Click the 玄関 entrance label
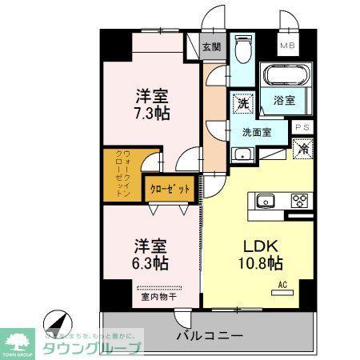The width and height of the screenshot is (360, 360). pyautogui.click(x=210, y=47)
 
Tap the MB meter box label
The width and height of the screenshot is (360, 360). pyautogui.click(x=287, y=46)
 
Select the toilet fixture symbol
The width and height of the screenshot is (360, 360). pyautogui.click(x=243, y=50)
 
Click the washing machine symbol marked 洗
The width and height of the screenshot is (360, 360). pyautogui.click(x=242, y=102)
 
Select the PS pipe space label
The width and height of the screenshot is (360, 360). pyautogui.click(x=303, y=127)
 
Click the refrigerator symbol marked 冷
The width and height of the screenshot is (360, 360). pyautogui.click(x=303, y=148)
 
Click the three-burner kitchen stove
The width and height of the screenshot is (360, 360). pyautogui.click(x=300, y=201)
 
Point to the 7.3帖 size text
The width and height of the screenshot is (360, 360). pyautogui.click(x=150, y=114)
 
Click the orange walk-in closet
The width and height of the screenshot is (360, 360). pyautogui.click(x=121, y=174)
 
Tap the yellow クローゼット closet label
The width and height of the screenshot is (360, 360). pyautogui.click(x=170, y=190)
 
